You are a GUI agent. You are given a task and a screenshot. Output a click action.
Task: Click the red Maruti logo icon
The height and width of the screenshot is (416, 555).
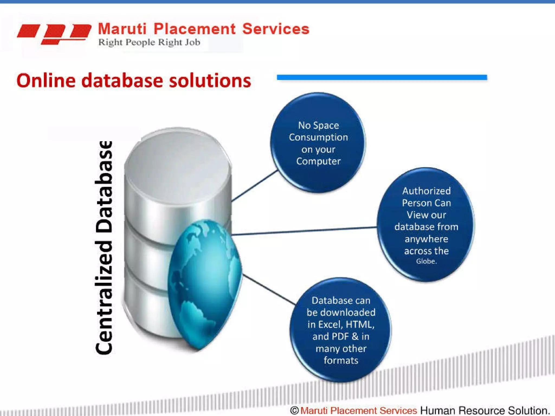(x=54, y=34)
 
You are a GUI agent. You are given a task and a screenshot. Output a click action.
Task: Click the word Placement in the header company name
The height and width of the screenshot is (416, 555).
(x=195, y=29)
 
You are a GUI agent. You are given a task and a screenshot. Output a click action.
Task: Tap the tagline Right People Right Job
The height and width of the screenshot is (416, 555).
(x=149, y=42)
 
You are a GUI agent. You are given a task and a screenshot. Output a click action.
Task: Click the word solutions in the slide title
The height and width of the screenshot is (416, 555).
(x=210, y=80)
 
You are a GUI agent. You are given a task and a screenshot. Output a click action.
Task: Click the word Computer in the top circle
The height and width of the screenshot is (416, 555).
(x=318, y=161)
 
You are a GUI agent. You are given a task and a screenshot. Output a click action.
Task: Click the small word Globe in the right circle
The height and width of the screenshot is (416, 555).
(x=426, y=261)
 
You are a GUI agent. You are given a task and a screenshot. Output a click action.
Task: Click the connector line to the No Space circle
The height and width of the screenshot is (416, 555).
(x=255, y=186)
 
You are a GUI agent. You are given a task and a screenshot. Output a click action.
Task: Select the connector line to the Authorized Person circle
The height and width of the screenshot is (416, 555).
(x=304, y=231)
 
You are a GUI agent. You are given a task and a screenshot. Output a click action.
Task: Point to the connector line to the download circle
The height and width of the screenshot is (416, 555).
(x=268, y=289)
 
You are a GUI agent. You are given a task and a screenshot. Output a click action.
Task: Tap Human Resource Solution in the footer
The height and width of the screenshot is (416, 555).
(x=485, y=410)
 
